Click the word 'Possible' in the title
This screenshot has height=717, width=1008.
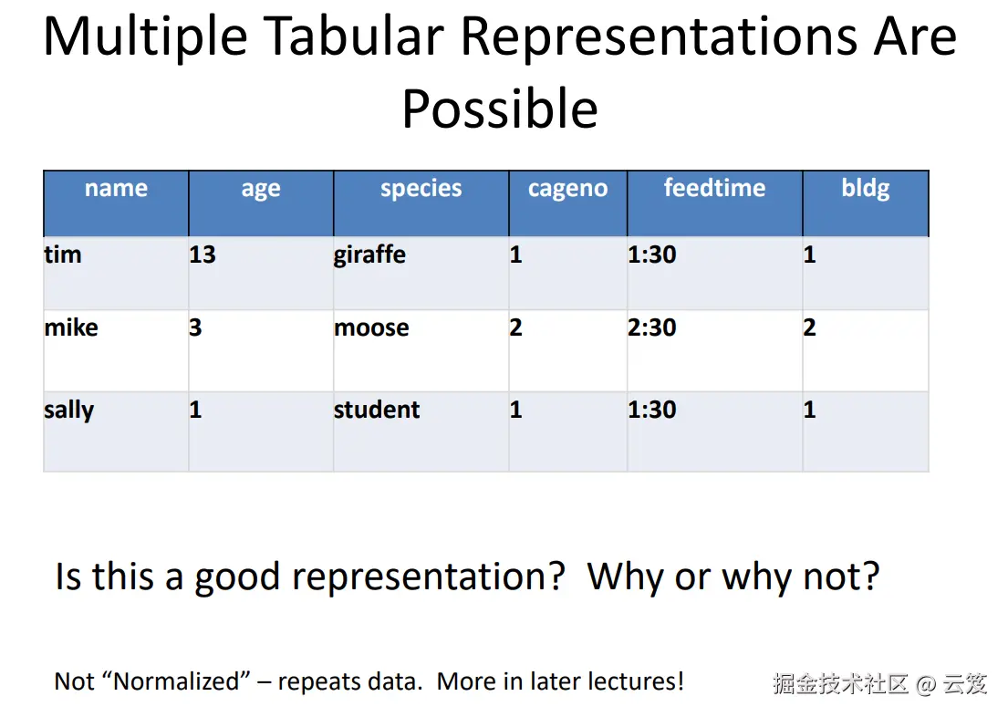click(500, 109)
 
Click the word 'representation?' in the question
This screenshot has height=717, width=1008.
click(429, 577)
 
